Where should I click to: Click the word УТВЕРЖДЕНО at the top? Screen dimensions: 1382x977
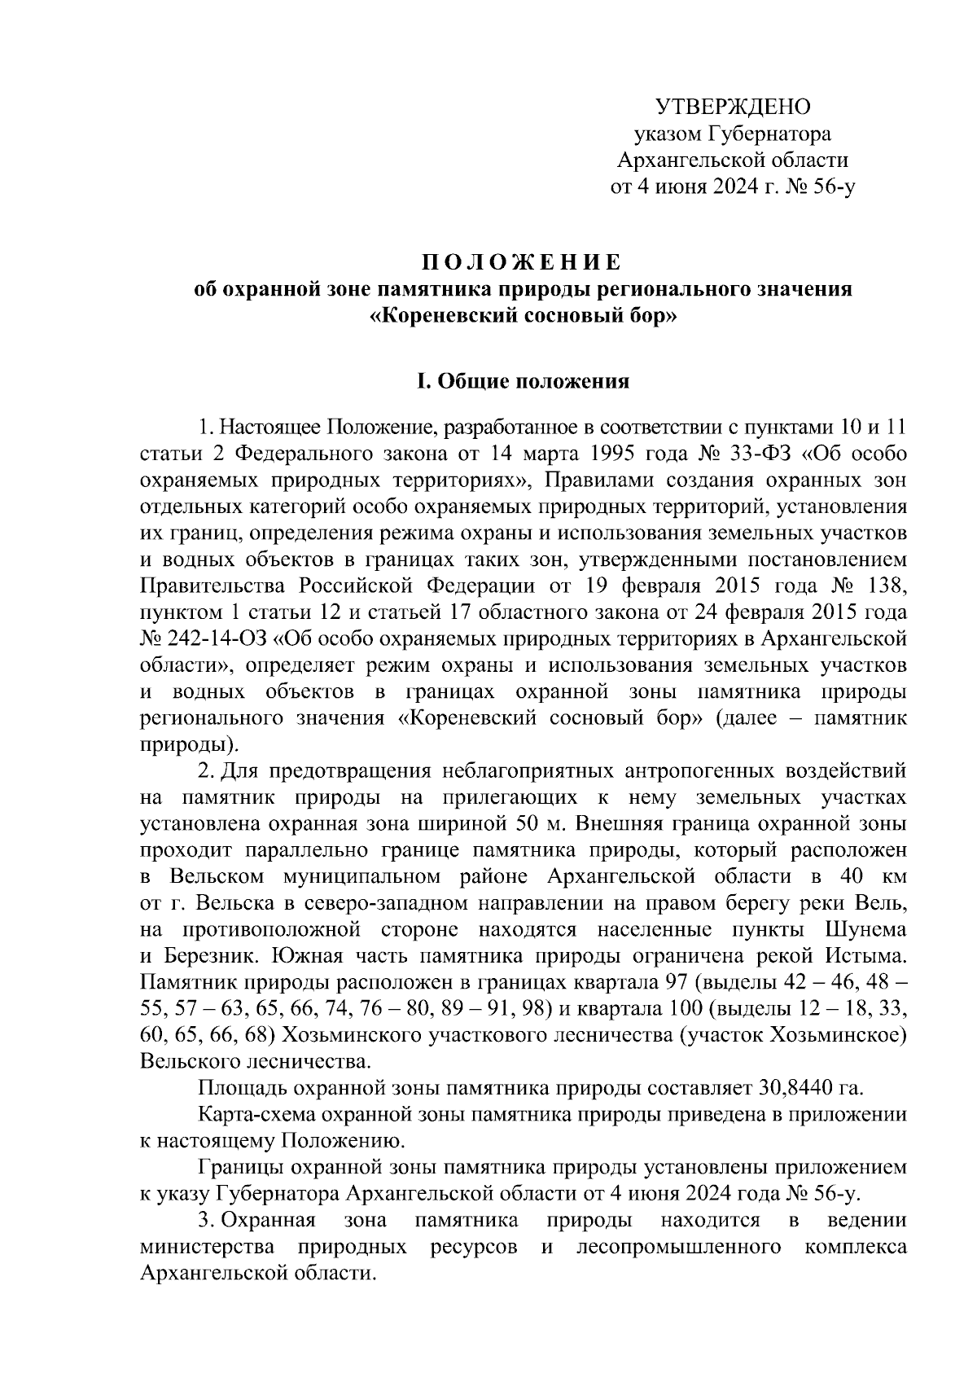(x=733, y=107)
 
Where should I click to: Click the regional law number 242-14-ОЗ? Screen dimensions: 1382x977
(x=217, y=638)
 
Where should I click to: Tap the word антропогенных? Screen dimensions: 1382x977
(x=701, y=770)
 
